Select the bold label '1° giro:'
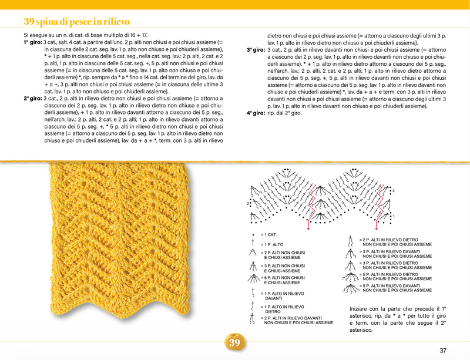click(33, 43)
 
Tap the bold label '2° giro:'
click(33, 99)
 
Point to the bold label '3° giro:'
click(256, 50)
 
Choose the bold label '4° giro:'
click(256, 113)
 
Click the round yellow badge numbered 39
click(234, 342)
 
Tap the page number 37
click(443, 351)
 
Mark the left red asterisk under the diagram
click(310, 224)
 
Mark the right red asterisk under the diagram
click(377, 224)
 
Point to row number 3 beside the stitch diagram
click(393, 191)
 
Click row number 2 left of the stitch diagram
click(248, 203)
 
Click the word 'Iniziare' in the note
click(360, 309)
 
